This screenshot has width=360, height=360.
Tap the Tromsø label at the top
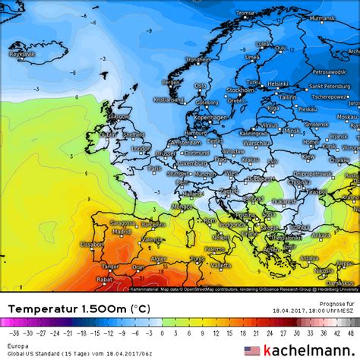[245, 13]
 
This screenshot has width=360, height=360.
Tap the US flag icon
[251, 351]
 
